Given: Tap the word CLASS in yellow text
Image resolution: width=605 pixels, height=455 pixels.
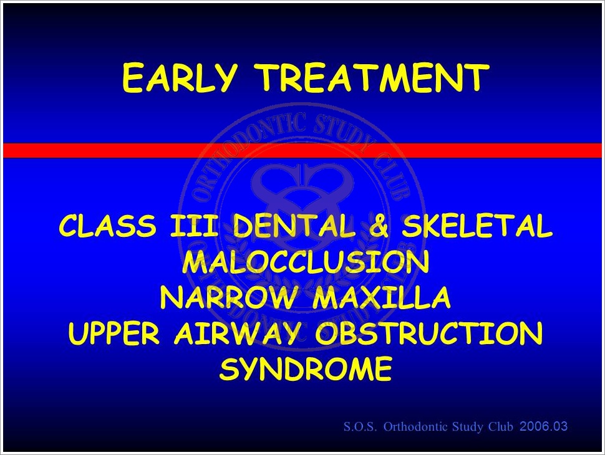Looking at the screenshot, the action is click(x=108, y=226).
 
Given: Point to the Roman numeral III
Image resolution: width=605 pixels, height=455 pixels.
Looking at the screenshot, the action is click(x=194, y=226).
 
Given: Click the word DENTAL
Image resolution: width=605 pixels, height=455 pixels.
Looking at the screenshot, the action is click(x=294, y=226).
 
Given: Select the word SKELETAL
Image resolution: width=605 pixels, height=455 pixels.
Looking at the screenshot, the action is click(x=477, y=226).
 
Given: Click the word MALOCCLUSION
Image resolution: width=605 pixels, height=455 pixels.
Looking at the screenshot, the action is click(x=306, y=262).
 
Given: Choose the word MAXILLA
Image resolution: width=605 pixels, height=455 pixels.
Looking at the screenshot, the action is click(x=382, y=298).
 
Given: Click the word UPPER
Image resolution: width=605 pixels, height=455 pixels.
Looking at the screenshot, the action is click(x=114, y=333).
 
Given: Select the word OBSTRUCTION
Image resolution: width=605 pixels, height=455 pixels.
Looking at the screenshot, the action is click(x=429, y=333).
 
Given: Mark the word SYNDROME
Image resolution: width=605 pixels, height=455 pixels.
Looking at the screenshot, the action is click(x=306, y=369).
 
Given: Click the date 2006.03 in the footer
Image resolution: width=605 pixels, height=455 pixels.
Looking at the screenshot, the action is click(x=544, y=426).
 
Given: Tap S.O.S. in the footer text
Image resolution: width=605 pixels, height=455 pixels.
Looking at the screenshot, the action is click(x=360, y=427).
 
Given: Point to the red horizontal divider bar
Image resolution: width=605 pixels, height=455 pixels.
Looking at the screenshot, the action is click(x=302, y=150).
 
